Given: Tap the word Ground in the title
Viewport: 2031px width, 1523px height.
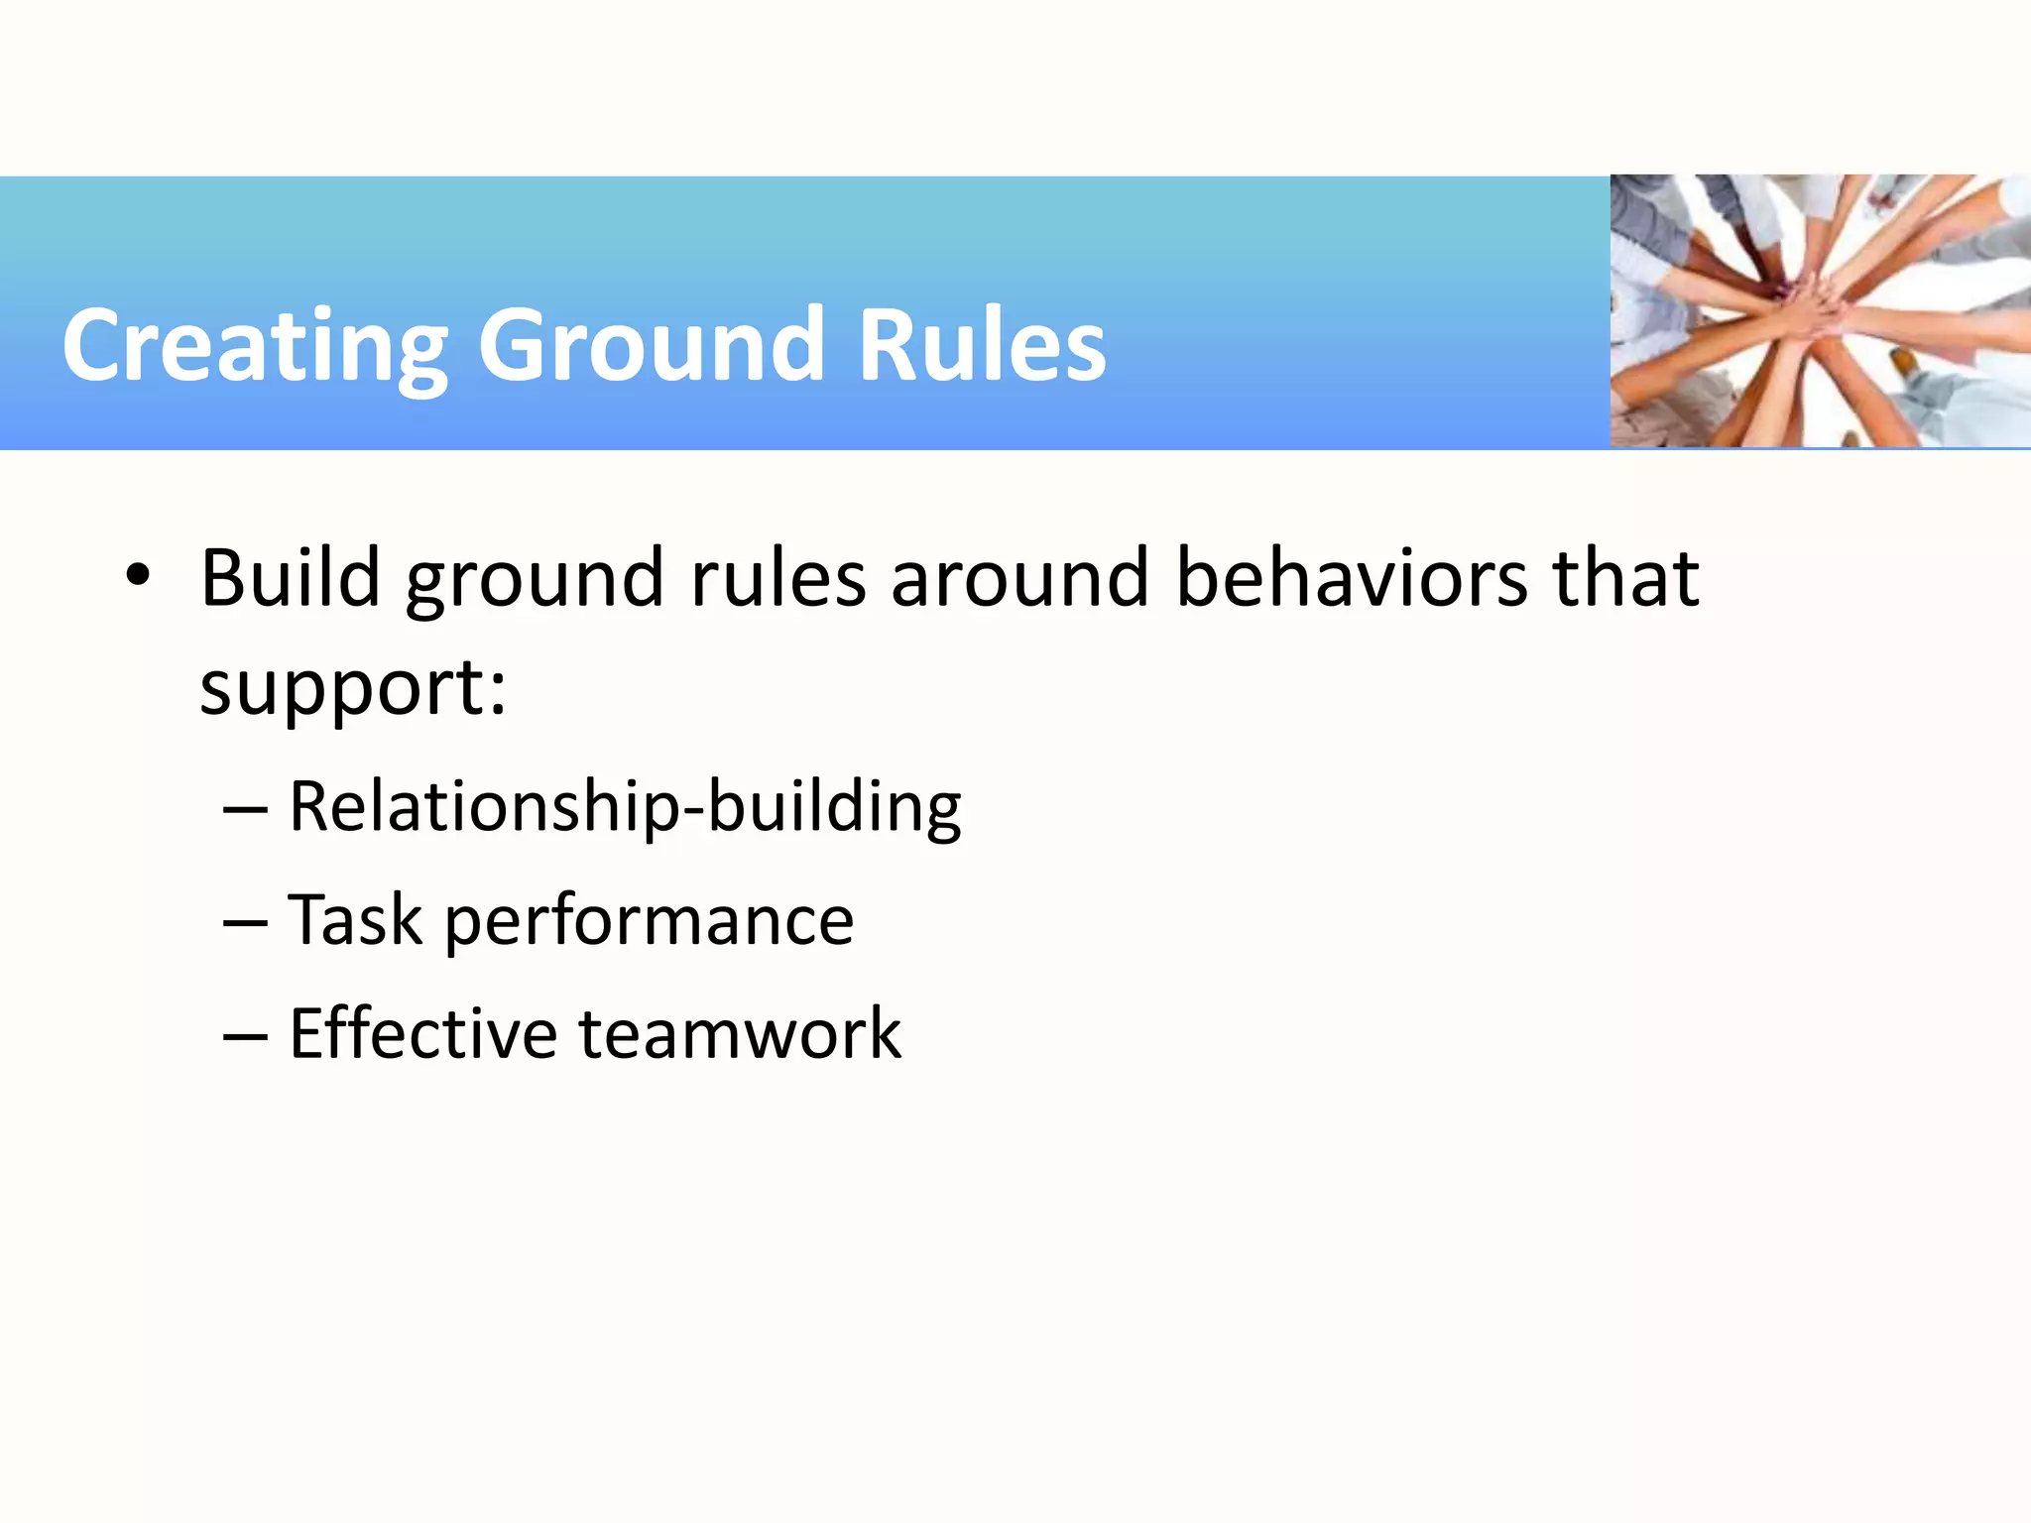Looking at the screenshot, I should pyautogui.click(x=651, y=346).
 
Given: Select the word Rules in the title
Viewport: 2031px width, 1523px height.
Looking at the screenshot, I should pyautogui.click(x=981, y=346).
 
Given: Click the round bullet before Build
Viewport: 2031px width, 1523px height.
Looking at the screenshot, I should pyautogui.click(x=138, y=575).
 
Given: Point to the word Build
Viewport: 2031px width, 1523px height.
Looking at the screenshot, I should pyautogui.click(x=291, y=578).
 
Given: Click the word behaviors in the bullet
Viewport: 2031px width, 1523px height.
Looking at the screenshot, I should pyautogui.click(x=1352, y=578).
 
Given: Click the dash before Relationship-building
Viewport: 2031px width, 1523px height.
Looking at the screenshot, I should pyautogui.click(x=245, y=809).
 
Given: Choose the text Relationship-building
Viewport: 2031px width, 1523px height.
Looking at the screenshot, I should pyautogui.click(x=625, y=808).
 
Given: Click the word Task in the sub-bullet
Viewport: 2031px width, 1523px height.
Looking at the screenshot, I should pyautogui.click(x=355, y=920).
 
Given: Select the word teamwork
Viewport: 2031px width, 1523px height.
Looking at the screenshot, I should pyautogui.click(x=740, y=1034).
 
